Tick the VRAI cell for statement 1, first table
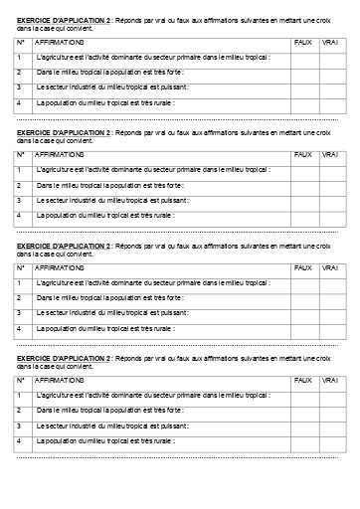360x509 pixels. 331,59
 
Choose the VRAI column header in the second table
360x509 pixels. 331,155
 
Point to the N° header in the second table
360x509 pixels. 21,155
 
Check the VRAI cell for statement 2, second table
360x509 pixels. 331,185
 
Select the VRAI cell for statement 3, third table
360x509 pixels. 331,313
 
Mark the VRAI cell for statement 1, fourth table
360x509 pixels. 331,396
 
